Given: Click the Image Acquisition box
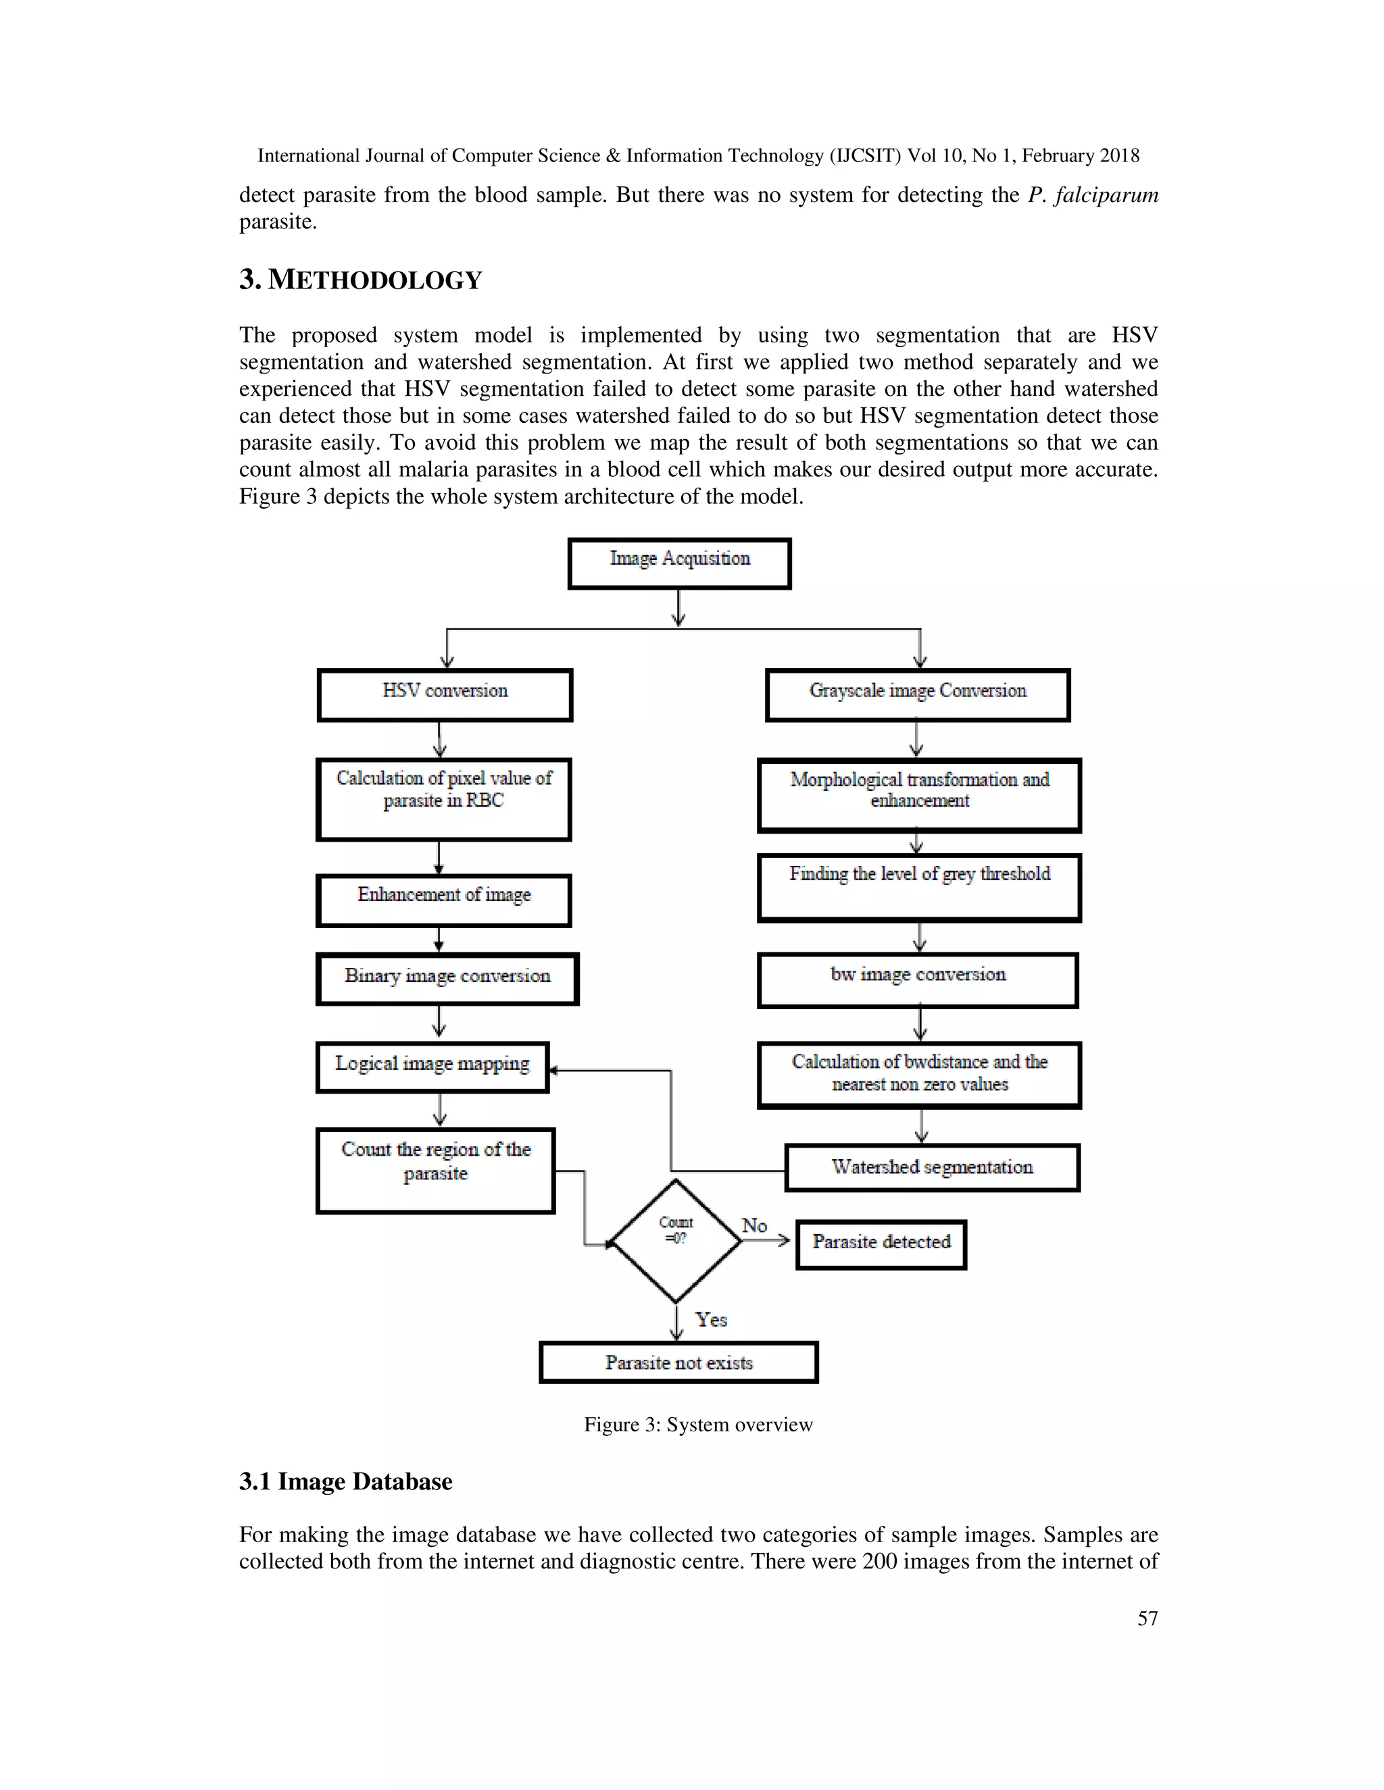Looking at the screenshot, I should (679, 563).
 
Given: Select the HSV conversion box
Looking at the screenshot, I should (445, 695).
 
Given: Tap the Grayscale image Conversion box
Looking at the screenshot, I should (918, 695).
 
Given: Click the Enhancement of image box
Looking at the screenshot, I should (443, 900).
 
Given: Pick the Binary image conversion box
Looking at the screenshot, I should (447, 979).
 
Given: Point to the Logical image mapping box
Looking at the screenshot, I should (432, 1067).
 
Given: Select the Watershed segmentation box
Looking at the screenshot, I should (932, 1167).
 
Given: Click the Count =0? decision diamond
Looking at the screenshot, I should (676, 1241).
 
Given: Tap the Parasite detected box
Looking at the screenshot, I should (881, 1244).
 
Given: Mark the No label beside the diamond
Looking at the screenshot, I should (754, 1225).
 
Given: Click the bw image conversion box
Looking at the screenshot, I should (918, 979).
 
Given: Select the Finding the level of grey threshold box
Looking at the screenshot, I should (919, 888).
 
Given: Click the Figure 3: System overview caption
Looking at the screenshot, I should (697, 1425).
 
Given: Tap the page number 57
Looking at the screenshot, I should (1147, 1618).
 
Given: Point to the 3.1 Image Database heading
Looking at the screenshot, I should (345, 1481).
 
